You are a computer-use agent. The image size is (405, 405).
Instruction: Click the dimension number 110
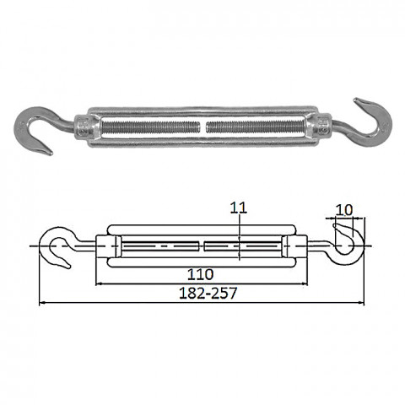(201, 274)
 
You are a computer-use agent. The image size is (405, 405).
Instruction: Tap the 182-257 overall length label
(208, 293)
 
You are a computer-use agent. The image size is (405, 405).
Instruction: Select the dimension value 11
(239, 208)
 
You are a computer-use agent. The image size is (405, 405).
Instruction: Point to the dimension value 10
(344, 210)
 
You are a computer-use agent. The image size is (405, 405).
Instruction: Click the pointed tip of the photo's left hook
(51, 154)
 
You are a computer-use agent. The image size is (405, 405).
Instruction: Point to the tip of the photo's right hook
(355, 100)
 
